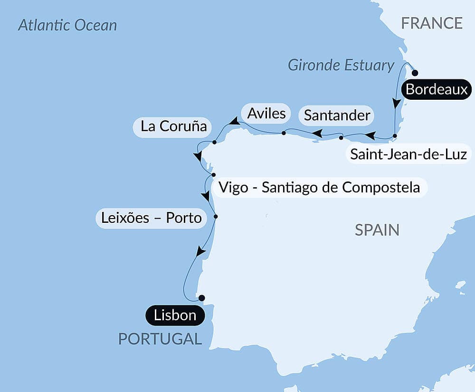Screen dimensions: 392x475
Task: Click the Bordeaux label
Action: (437, 89)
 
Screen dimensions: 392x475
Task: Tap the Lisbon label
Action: (175, 315)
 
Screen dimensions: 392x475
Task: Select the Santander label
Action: (337, 115)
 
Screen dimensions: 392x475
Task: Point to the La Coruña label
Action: (173, 126)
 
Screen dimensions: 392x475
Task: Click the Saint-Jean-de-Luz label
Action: (408, 154)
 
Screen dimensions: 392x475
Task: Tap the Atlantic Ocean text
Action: (67, 25)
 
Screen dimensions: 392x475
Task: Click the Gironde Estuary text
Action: (341, 65)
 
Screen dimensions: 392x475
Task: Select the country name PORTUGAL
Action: (160, 339)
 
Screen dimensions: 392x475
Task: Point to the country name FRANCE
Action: (432, 23)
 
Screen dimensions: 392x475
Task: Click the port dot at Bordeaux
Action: (415, 73)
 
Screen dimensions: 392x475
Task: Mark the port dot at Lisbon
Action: (201, 298)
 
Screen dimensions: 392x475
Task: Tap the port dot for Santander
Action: (341, 138)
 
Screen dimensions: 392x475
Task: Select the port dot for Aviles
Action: (284, 133)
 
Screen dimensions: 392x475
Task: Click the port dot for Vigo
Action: (214, 175)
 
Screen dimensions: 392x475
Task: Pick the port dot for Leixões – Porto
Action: (216, 217)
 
